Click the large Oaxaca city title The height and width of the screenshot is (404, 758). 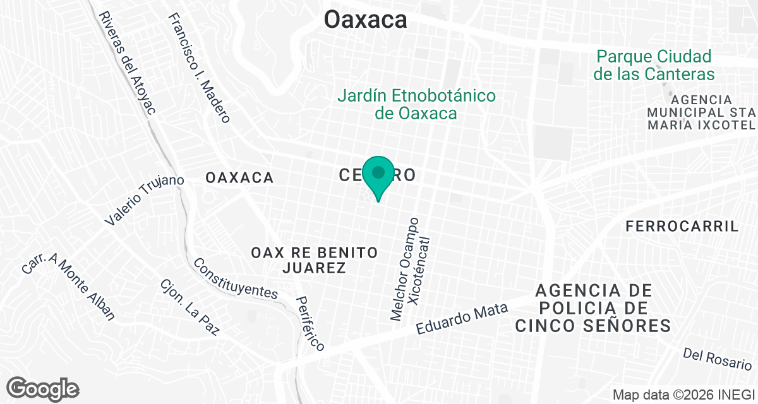coord(366,20)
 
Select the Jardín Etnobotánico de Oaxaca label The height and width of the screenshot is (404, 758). coord(416,105)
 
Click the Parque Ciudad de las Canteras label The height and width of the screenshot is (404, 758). coord(654,65)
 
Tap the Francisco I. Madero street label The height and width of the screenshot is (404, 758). coord(199,68)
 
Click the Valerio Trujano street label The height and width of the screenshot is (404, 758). coord(145,201)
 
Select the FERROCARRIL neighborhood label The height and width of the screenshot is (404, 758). coord(682,227)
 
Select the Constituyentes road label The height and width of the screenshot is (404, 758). coord(236,278)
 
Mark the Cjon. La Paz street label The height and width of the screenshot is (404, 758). coord(189,307)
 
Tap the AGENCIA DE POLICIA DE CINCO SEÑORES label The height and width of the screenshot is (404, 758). coord(593,308)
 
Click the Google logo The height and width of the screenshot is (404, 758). coord(42,388)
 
